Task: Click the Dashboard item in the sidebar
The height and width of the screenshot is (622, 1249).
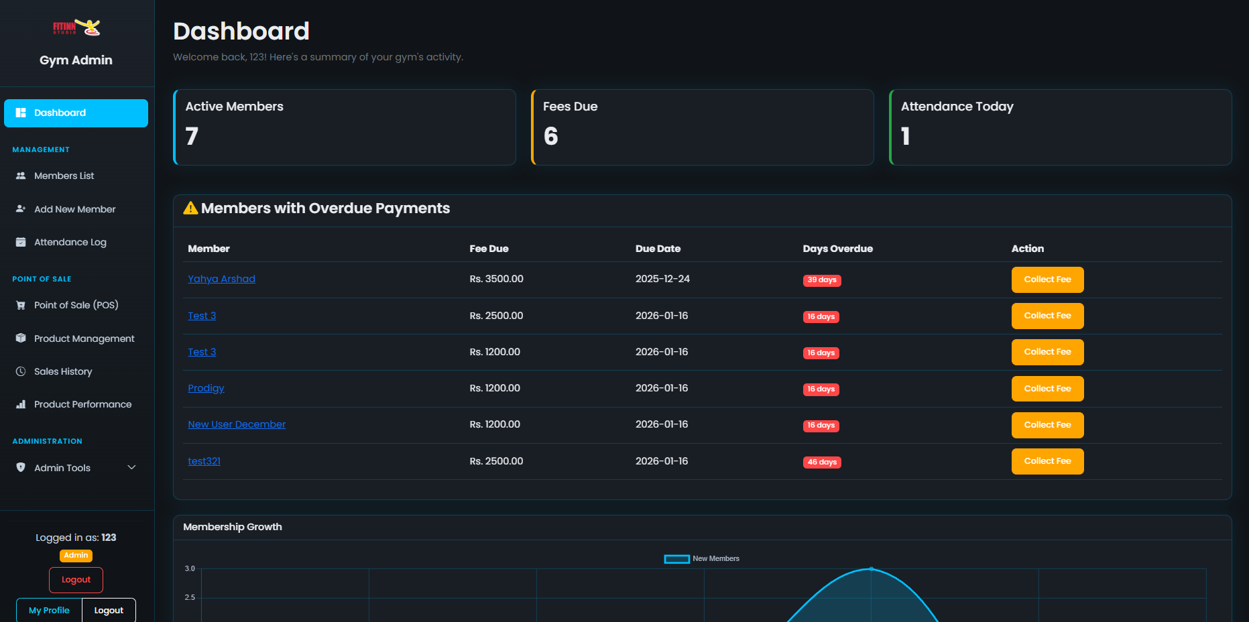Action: click(x=76, y=113)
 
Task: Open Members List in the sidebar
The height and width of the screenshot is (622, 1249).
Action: click(x=64, y=176)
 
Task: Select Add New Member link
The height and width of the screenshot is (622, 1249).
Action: click(x=74, y=209)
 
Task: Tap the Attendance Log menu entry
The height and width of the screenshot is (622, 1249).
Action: click(x=70, y=242)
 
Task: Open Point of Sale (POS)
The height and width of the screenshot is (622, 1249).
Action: click(x=76, y=305)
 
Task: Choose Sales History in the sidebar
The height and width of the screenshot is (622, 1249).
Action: click(x=63, y=371)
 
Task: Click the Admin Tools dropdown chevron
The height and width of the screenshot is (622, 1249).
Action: click(x=131, y=467)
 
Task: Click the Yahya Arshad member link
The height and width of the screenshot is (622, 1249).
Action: click(x=221, y=279)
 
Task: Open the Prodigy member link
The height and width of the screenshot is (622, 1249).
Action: click(x=206, y=388)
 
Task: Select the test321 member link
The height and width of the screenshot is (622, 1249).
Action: click(x=204, y=461)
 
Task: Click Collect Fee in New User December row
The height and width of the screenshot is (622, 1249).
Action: click(x=1047, y=425)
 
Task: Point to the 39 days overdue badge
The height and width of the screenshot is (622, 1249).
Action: click(x=821, y=280)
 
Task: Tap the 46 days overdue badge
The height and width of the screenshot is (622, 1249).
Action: click(x=822, y=462)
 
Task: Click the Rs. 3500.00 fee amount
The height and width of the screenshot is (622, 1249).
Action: click(x=496, y=279)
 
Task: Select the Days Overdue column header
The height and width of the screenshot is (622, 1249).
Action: click(x=837, y=249)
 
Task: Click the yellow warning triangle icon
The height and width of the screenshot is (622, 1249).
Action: click(x=190, y=208)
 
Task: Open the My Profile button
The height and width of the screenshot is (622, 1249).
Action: click(x=49, y=611)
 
